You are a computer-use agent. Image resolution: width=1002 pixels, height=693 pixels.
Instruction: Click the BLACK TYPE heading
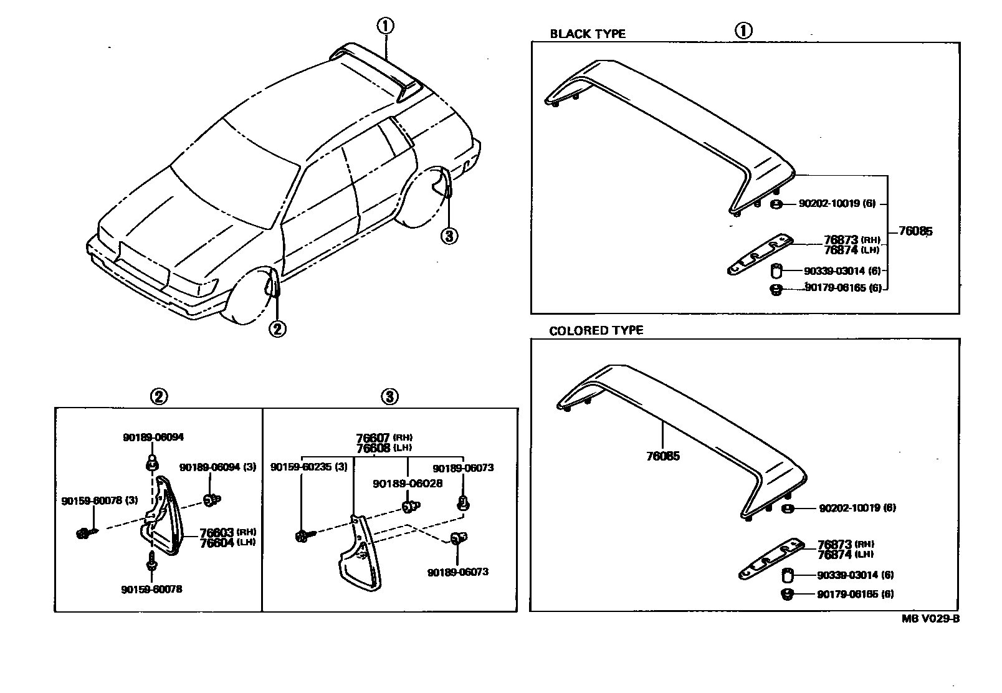[587, 34]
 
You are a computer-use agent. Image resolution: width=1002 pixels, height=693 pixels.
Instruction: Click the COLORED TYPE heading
[596, 330]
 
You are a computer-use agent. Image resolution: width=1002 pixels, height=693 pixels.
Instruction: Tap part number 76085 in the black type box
[915, 231]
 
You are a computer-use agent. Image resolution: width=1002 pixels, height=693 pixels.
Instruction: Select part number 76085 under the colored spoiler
[662, 456]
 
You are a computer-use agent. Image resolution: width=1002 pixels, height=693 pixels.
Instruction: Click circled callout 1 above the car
[385, 26]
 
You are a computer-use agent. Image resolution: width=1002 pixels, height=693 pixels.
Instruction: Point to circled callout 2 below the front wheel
[277, 328]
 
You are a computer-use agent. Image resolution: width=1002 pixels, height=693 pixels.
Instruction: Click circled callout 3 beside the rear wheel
[449, 236]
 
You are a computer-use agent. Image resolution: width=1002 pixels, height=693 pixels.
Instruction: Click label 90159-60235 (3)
[309, 467]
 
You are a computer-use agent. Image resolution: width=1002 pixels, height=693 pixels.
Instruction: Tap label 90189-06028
[408, 483]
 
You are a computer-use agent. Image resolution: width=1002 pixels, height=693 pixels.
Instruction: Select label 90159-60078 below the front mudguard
[151, 588]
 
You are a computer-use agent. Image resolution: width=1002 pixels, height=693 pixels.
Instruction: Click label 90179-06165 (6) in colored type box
[855, 594]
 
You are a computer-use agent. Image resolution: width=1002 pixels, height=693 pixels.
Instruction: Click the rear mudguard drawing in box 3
[358, 555]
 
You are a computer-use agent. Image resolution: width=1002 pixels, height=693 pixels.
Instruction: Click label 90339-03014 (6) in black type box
[842, 271]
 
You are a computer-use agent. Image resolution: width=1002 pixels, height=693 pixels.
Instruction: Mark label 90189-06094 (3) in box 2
[217, 467]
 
